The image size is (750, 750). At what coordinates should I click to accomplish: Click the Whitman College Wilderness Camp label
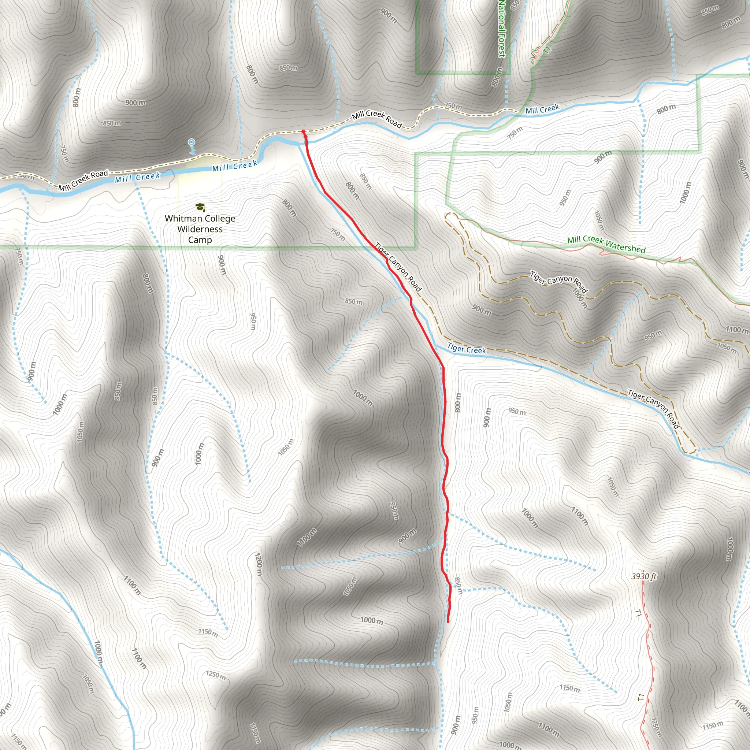[200, 229]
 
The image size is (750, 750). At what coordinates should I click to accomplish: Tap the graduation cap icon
[200, 207]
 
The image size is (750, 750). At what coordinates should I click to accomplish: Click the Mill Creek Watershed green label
[606, 245]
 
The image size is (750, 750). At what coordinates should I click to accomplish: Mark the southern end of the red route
[448, 621]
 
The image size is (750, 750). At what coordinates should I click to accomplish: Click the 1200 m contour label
[259, 565]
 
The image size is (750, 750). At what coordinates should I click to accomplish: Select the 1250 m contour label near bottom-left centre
[216, 675]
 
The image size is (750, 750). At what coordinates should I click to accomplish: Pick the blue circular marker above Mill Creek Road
[191, 142]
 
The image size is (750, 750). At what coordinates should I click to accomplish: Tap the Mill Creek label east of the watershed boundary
[542, 109]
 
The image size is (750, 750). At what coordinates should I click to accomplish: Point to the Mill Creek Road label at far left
[83, 181]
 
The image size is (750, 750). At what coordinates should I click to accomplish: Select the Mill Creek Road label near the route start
[376, 119]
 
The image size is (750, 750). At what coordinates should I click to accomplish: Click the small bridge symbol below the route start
[307, 143]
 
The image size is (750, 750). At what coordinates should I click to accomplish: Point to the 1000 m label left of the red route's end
[371, 620]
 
